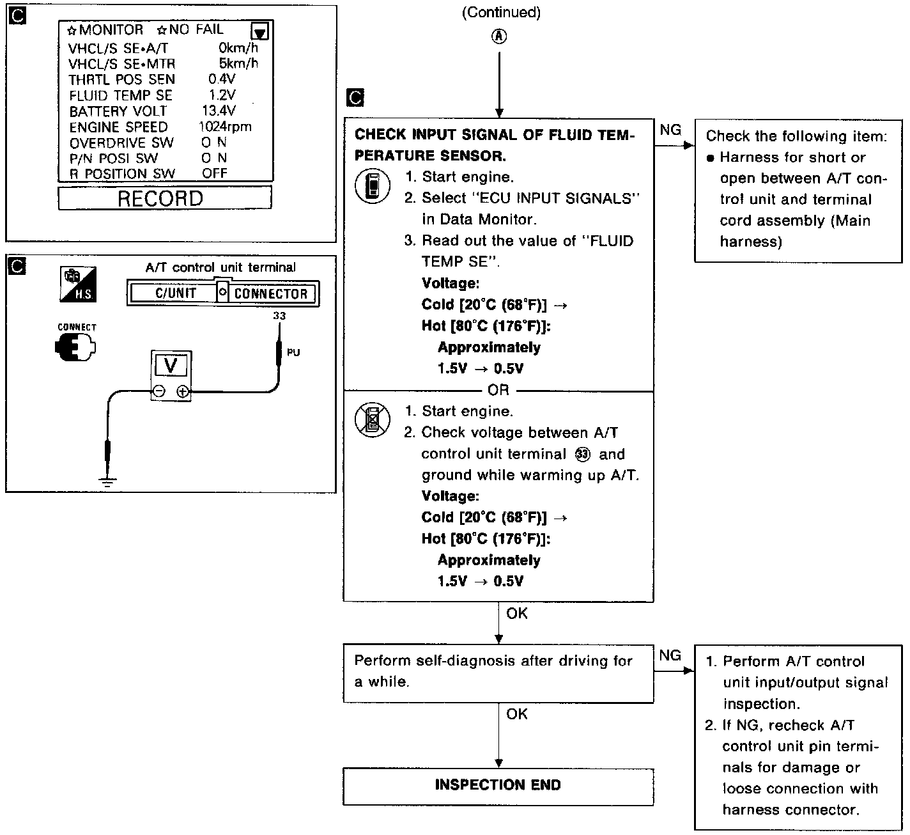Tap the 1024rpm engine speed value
[x=225, y=127]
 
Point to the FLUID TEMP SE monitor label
[x=121, y=95]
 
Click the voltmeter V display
[x=171, y=366]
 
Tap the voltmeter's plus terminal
[x=183, y=392]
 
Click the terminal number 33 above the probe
[x=279, y=316]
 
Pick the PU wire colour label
[x=293, y=352]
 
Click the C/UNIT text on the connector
[x=176, y=293]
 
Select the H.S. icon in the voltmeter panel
[x=77, y=285]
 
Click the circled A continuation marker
[x=498, y=36]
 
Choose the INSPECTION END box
[x=498, y=785]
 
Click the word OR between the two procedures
[x=498, y=390]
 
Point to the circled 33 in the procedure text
[x=582, y=454]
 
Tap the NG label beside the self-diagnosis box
[x=670, y=655]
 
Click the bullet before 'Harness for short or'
[x=710, y=158]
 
